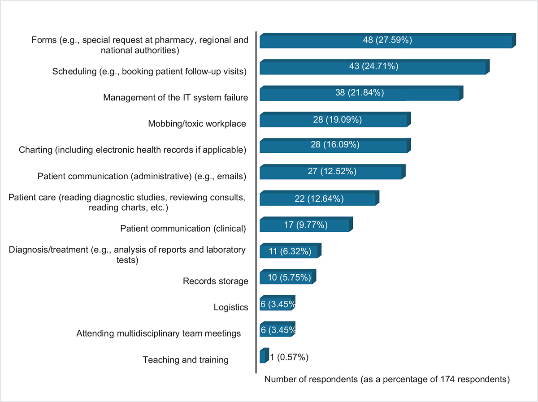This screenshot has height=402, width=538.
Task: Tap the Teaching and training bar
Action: [263, 356]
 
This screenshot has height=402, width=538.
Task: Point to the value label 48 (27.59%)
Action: [387, 40]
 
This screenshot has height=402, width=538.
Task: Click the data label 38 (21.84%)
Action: [360, 93]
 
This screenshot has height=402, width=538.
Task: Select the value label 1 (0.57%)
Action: [289, 357]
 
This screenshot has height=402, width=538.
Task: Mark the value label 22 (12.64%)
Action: [319, 199]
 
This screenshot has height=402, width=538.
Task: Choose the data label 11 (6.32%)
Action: [291, 251]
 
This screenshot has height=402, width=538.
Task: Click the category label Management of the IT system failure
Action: [175, 97]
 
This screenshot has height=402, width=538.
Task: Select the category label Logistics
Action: [230, 307]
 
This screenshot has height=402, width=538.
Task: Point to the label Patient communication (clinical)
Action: [183, 229]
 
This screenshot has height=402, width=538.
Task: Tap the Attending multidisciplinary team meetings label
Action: [159, 333]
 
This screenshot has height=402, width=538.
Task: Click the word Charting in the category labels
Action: [35, 150]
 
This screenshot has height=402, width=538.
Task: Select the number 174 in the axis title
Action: [456, 380]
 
